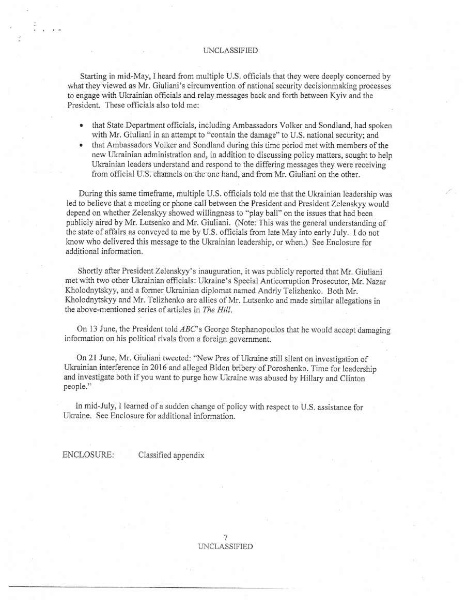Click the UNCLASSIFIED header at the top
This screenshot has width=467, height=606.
point(230,51)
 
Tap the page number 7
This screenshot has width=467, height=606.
point(226,538)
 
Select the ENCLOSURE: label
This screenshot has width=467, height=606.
point(88,455)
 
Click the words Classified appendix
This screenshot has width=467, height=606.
point(171,455)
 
